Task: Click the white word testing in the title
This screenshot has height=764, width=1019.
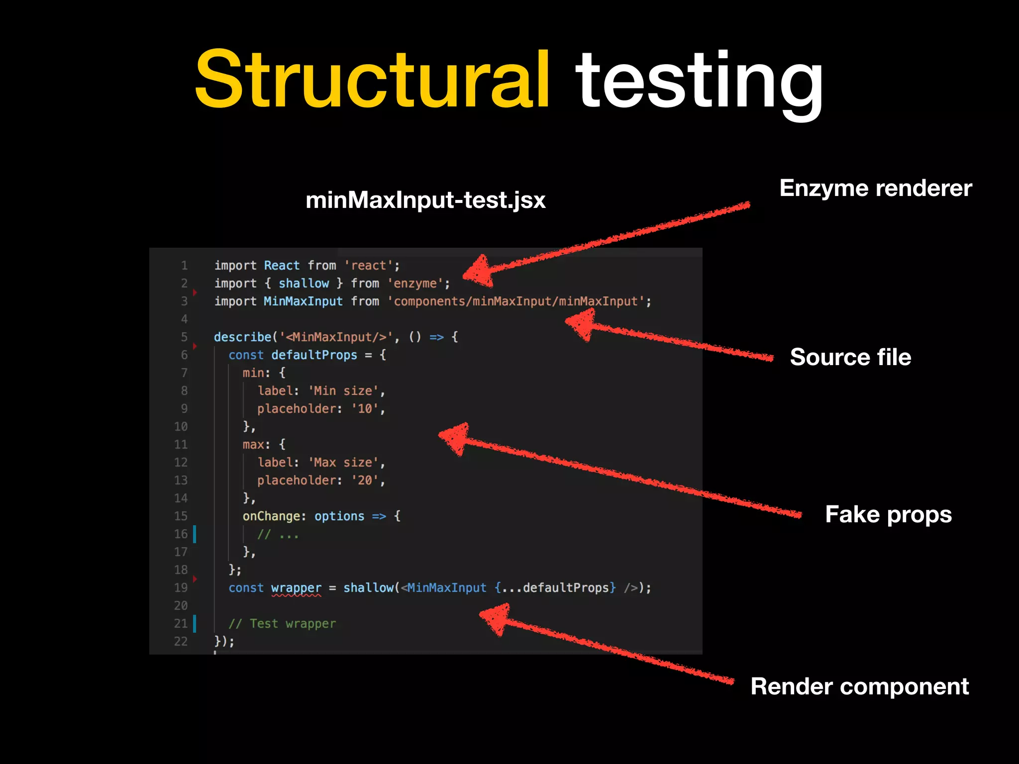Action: (699, 82)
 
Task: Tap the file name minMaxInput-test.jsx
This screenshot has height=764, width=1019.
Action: (425, 200)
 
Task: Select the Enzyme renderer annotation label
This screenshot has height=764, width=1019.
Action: (875, 188)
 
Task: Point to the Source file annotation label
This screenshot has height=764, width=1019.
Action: (850, 357)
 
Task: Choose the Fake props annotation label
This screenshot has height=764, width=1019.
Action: (888, 514)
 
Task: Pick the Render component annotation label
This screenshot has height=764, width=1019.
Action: (859, 686)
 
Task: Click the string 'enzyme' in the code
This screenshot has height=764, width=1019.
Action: (415, 284)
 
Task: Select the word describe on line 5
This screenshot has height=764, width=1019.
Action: (243, 337)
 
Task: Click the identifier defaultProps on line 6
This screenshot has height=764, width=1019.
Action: (314, 355)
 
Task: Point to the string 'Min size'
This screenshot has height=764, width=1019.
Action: (343, 391)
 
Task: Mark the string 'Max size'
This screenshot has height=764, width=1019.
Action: (343, 463)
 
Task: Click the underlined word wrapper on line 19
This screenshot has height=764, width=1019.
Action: (296, 588)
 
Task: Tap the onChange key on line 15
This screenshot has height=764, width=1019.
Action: (271, 516)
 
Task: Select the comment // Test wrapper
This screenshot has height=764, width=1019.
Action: (282, 624)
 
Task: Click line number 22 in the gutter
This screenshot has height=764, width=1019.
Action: (181, 642)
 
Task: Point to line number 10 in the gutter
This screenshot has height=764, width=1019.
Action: (181, 427)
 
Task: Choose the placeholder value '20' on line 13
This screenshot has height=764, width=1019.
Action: (365, 480)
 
